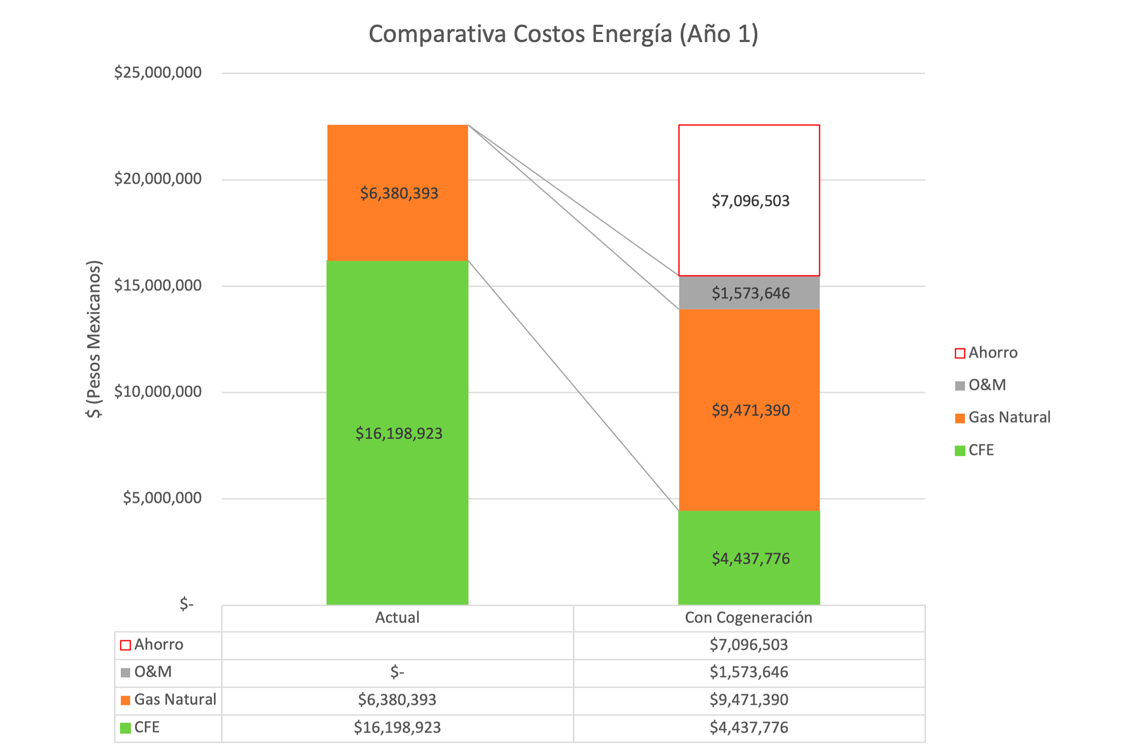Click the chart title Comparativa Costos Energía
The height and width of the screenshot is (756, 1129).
click(x=563, y=35)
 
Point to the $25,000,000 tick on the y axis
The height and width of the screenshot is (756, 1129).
click(x=158, y=73)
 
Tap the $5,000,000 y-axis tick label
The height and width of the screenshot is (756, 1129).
click(x=162, y=498)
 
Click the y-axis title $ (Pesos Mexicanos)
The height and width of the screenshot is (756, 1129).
click(x=94, y=339)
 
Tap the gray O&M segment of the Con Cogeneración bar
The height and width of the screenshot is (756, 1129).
click(x=749, y=293)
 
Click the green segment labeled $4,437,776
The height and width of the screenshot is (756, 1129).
click(x=749, y=558)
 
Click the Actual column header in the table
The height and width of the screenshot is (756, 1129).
click(x=397, y=618)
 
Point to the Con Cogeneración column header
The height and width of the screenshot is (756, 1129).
click(x=748, y=618)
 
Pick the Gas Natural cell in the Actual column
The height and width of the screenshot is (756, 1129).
click(x=397, y=700)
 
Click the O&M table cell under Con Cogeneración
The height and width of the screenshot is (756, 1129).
click(x=749, y=673)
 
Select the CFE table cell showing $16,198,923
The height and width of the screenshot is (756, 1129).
click(x=397, y=727)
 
